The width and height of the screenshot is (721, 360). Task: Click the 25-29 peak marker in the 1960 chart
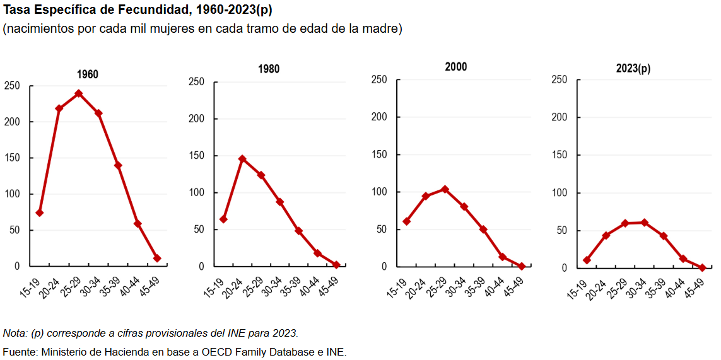click(79, 93)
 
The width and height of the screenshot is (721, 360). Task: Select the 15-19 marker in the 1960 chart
click(40, 212)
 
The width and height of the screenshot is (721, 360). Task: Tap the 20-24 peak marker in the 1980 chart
click(242, 159)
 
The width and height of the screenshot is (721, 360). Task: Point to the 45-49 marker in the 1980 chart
click(336, 265)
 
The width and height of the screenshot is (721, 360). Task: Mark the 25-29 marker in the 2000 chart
click(445, 189)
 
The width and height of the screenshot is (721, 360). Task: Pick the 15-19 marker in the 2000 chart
click(407, 221)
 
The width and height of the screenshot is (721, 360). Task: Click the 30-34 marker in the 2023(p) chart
click(645, 223)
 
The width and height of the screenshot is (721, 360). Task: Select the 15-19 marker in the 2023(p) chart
click(587, 260)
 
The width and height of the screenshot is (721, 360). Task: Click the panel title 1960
click(88, 74)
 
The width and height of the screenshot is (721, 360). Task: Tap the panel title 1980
click(269, 69)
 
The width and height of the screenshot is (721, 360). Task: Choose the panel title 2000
click(455, 67)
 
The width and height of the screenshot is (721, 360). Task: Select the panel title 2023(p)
click(633, 69)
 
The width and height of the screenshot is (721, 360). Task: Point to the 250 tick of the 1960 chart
click(12, 86)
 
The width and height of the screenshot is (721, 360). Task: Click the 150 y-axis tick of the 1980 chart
click(196, 156)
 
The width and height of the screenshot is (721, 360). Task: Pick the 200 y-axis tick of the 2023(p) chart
click(559, 117)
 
